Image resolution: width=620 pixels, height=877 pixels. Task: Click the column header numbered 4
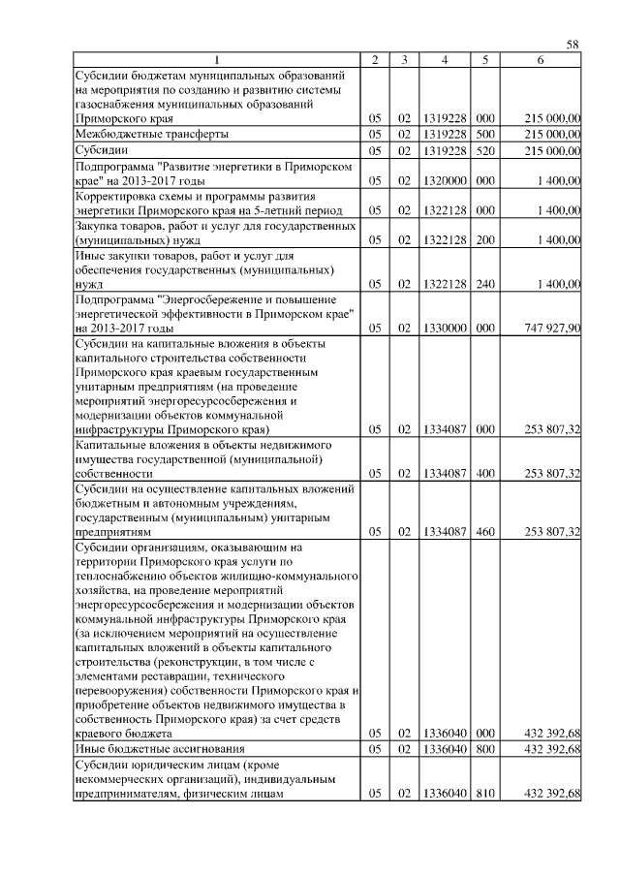click(x=444, y=60)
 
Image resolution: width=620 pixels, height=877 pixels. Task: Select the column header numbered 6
click(x=541, y=60)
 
